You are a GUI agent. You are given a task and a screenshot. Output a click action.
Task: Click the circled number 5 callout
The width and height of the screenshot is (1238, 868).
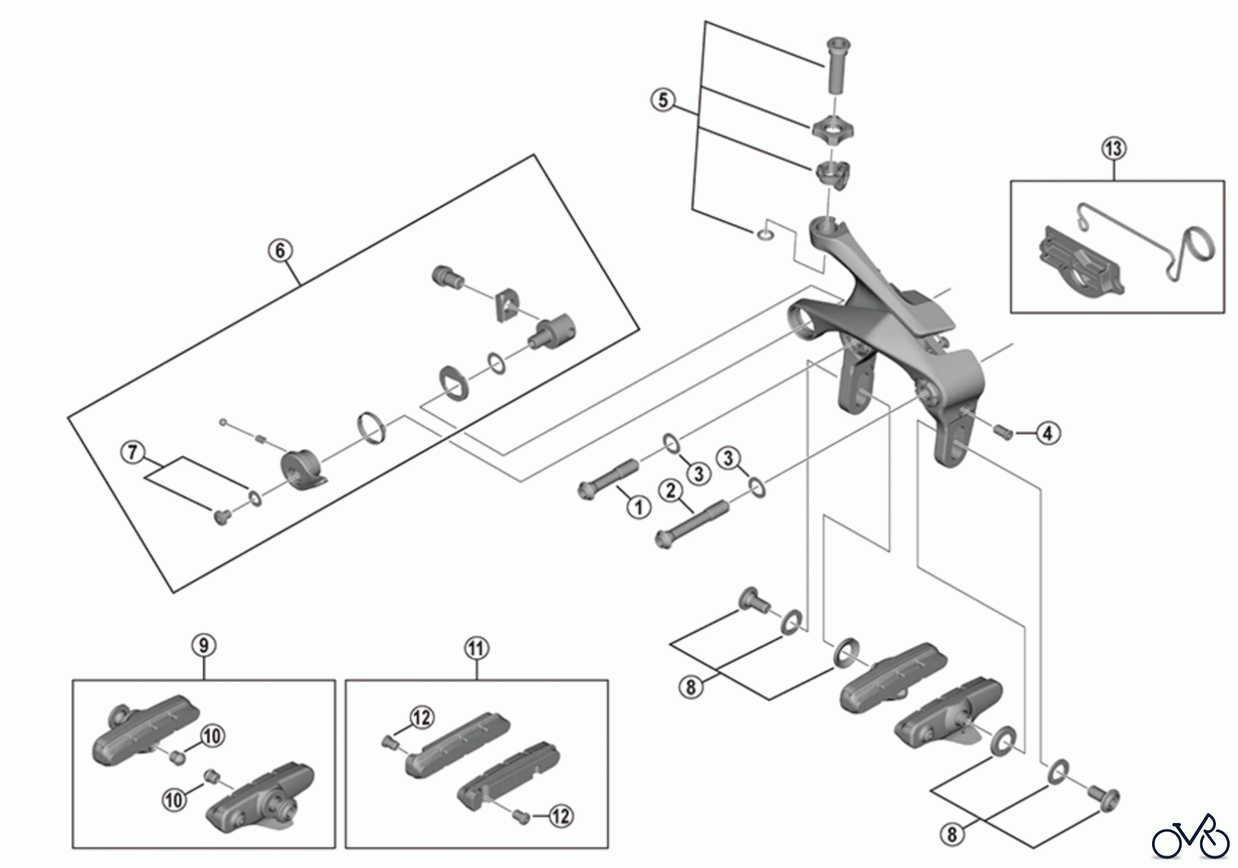[662, 100]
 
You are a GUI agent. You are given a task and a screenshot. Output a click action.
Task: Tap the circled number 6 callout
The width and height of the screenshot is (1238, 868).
[280, 251]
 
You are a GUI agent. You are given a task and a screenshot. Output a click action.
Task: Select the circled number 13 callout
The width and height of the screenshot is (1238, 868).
[1114, 148]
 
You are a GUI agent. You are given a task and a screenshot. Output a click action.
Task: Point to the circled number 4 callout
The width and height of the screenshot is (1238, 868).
[1047, 433]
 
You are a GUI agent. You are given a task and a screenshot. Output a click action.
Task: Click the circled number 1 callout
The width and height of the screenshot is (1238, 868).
[639, 507]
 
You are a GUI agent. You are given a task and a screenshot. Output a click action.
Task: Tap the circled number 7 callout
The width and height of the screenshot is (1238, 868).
[133, 452]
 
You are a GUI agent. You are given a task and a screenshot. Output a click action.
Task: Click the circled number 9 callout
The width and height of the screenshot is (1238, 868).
[204, 646]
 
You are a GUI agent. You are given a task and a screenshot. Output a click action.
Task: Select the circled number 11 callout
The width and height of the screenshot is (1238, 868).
[476, 648]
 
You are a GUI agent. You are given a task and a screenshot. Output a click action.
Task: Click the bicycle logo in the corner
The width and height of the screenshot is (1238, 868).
[1191, 837]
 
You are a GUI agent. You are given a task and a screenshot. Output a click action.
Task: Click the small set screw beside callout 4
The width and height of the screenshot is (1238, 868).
[1003, 432]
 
